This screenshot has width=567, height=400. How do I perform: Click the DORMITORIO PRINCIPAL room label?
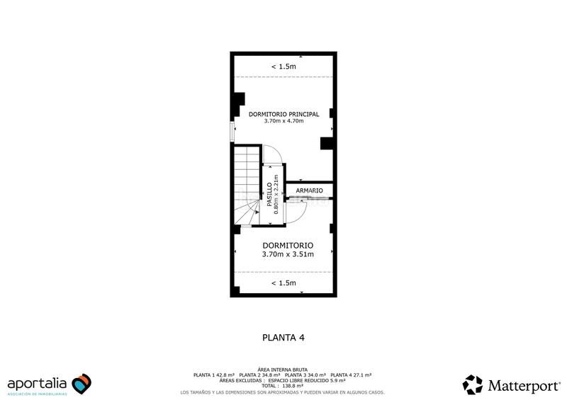click(x=283, y=114)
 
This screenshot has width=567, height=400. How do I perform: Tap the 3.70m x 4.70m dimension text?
click(x=283, y=121)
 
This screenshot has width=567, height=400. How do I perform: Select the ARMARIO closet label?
click(x=310, y=191)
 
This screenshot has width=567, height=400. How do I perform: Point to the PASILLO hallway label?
click(x=269, y=195)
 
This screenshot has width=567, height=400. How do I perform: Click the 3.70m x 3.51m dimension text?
click(x=288, y=253)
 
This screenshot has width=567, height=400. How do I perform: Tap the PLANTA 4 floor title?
click(x=283, y=338)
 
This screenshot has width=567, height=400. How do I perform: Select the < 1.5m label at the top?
click(x=283, y=67)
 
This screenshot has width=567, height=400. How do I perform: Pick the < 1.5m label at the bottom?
click(x=283, y=283)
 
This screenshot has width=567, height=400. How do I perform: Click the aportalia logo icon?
click(x=82, y=383)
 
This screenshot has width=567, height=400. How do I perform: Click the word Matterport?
click(x=522, y=385)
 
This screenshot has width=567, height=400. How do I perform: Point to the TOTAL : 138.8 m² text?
click(x=283, y=386)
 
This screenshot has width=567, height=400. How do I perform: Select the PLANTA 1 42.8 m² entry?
click(x=214, y=375)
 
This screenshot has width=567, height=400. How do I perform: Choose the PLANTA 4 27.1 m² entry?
click(x=351, y=375)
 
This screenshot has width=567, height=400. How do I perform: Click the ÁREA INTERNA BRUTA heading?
click(x=283, y=370)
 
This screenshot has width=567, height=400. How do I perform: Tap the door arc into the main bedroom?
click(x=271, y=153)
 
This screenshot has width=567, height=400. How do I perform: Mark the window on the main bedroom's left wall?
click(x=231, y=131)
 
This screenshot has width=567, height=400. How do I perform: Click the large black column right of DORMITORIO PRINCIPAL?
click(x=327, y=144)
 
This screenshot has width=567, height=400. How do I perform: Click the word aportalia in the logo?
click(x=38, y=383)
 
